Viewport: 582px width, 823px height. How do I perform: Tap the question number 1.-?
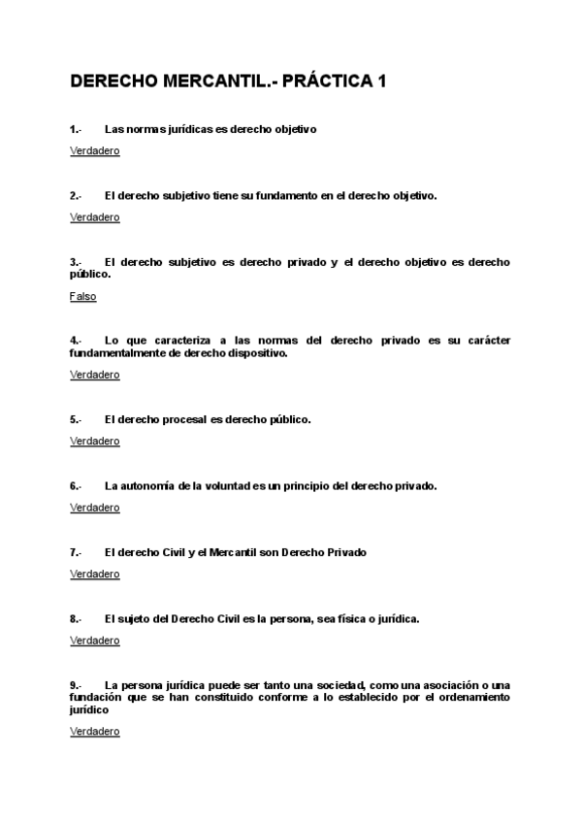76,128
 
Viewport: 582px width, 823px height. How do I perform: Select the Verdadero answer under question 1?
95,151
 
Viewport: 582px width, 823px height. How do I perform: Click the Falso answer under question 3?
83,297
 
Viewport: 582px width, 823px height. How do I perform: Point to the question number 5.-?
76,419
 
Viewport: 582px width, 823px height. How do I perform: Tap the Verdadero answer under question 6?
95,508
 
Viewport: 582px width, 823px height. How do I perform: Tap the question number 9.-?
76,684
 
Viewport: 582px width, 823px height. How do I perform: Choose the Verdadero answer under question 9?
95,732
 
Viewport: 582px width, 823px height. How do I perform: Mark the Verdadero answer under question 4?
95,375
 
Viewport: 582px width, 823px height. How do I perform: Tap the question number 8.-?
76,617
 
